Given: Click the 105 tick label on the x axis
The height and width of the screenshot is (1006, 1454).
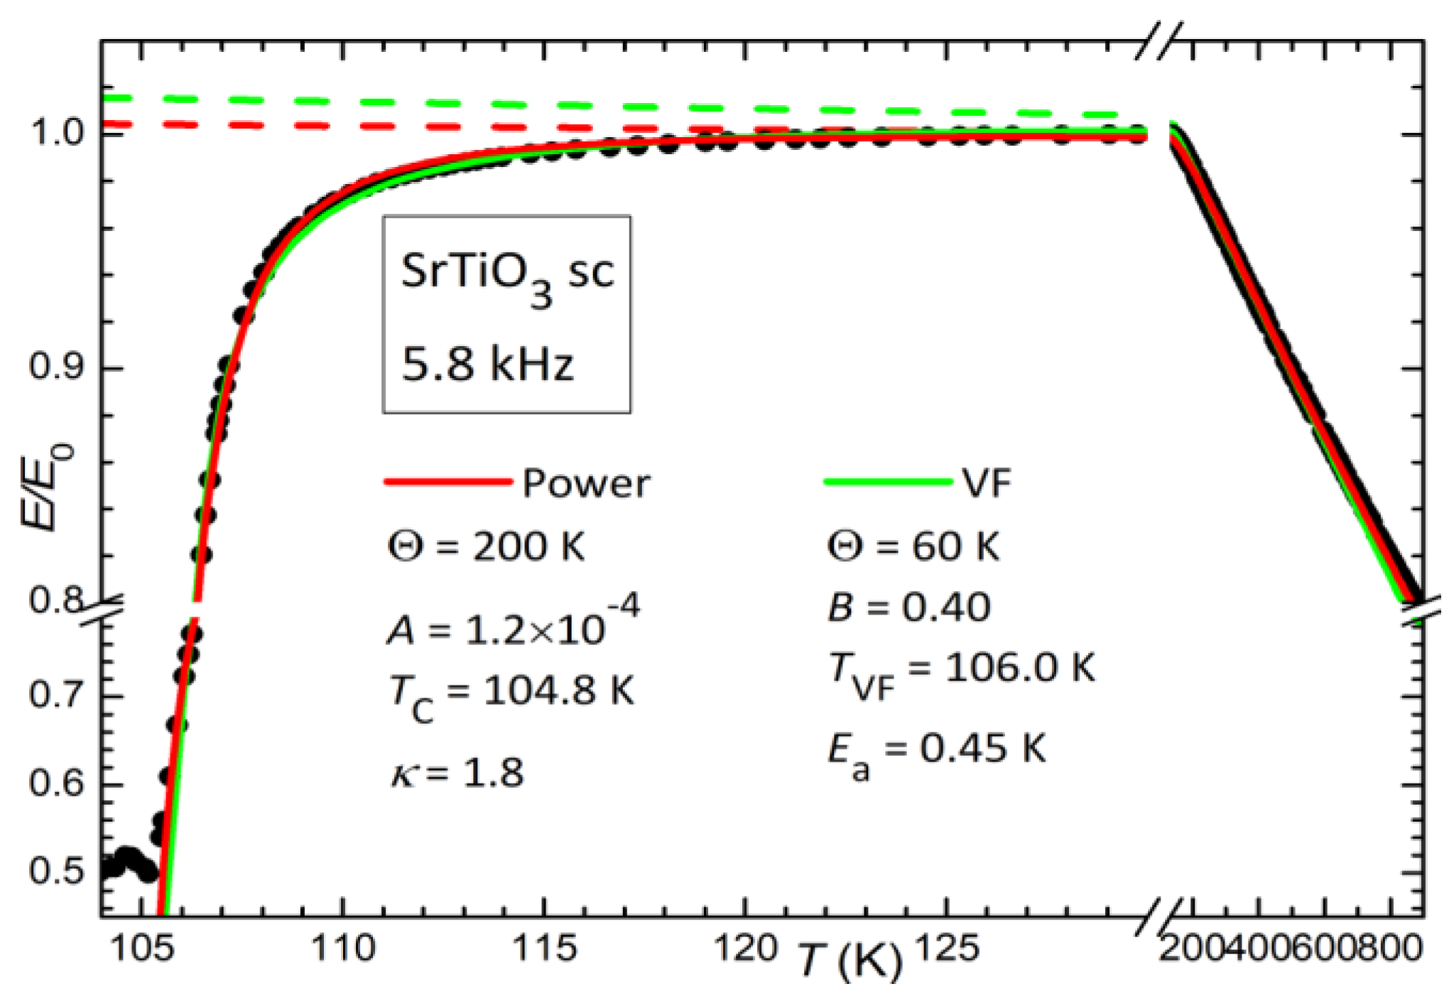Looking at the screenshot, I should coord(143,948).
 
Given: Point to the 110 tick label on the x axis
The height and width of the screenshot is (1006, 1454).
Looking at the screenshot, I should coord(343,948).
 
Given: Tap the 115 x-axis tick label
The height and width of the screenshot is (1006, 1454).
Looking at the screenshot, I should coord(544,948).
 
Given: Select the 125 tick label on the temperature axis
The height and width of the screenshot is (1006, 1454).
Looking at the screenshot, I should coord(948,948).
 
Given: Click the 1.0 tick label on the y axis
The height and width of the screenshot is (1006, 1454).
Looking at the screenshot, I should coord(58,132).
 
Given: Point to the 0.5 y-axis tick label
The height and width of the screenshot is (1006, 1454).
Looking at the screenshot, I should coord(57,870).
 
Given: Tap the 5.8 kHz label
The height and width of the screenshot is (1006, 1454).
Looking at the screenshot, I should coord(487,364).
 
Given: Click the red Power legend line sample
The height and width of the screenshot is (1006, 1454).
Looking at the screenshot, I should coord(447,482).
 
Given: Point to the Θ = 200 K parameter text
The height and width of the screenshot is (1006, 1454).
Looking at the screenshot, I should coord(487,547).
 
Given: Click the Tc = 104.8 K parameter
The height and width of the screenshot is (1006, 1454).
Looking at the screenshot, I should coord(511,693).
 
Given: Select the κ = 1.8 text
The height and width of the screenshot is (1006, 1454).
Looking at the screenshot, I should coord(457,773).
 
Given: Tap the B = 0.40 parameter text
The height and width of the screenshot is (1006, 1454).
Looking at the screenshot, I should coord(909,608).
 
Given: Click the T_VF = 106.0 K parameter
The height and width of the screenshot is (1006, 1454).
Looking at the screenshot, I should coord(962,672).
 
